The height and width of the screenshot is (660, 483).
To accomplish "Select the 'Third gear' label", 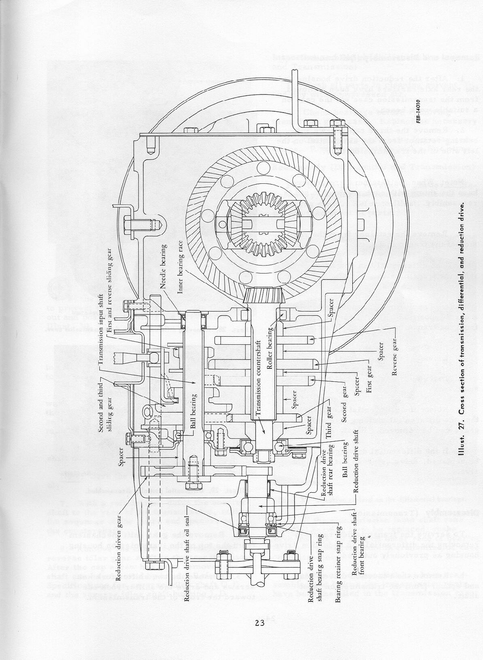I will [329, 424].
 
